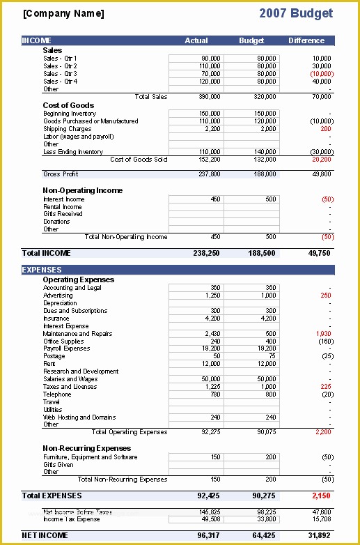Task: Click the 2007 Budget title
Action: pyautogui.click(x=295, y=13)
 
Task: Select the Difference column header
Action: pyautogui.click(x=307, y=41)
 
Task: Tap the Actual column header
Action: pyautogui.click(x=196, y=41)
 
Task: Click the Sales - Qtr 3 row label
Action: pyautogui.click(x=60, y=74)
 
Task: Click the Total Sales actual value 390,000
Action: pyautogui.click(x=211, y=97)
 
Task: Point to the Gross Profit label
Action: pyautogui.click(x=62, y=174)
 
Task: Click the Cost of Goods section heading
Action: pyautogui.click(x=69, y=106)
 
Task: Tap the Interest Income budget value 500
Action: pyautogui.click(x=270, y=199)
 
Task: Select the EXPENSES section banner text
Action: pyautogui.click(x=42, y=270)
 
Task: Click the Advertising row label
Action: pyautogui.click(x=58, y=295)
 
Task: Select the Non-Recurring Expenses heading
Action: pyautogui.click(x=86, y=448)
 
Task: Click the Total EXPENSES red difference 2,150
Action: pyautogui.click(x=320, y=496)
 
